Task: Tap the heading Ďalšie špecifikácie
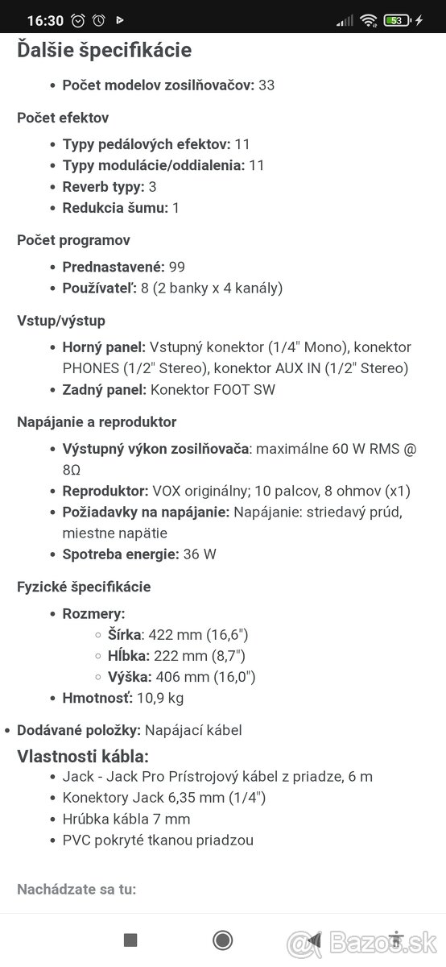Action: coord(105,50)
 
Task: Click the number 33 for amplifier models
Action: coord(266,85)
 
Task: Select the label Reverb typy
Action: coord(103,186)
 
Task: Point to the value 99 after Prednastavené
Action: coord(177,267)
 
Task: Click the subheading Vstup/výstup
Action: coord(61,321)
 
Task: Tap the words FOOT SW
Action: coord(250,389)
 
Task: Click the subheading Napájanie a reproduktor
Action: coord(97,422)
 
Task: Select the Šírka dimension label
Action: coord(123,635)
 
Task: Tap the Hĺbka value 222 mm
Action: coord(180,656)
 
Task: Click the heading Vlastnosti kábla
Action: coord(83,756)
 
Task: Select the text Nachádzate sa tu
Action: coord(76,890)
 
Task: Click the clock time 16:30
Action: coord(40,19)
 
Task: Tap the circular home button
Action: coord(223,940)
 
